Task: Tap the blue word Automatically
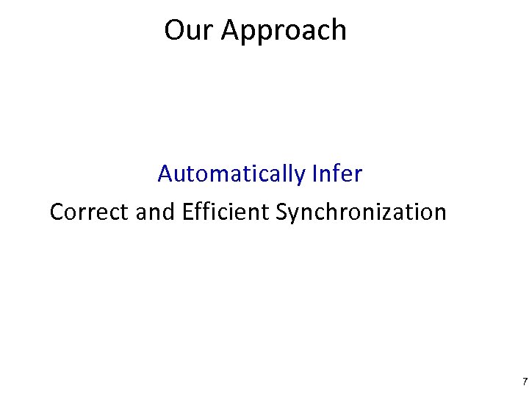click(231, 175)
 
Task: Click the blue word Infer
click(337, 174)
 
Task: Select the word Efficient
click(226, 212)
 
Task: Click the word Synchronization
click(361, 213)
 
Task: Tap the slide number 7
click(524, 382)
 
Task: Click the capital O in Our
click(175, 30)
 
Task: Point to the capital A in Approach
click(231, 30)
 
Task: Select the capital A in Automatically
click(165, 174)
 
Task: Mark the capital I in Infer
click(315, 174)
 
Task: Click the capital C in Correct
click(57, 212)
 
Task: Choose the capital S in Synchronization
click(282, 212)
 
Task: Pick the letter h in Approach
click(339, 29)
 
